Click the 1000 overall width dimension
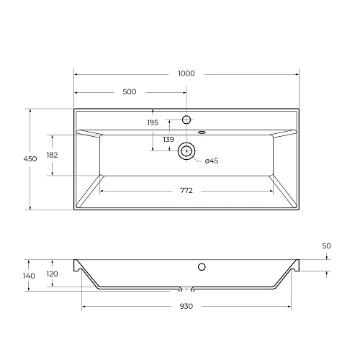[x=186, y=73]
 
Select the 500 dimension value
[x=130, y=91]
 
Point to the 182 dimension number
[x=53, y=155]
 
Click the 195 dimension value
[x=153, y=123]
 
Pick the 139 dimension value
[x=168, y=139]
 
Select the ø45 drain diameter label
[x=212, y=161]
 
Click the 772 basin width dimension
[x=186, y=190]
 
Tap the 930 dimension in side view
[x=186, y=306]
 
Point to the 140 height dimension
[x=29, y=276]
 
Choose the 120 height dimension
[x=53, y=274]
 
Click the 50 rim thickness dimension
[x=326, y=246]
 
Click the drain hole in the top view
[x=186, y=150]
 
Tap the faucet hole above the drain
[x=186, y=119]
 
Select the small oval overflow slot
[x=202, y=132]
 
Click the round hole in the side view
[x=202, y=267]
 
